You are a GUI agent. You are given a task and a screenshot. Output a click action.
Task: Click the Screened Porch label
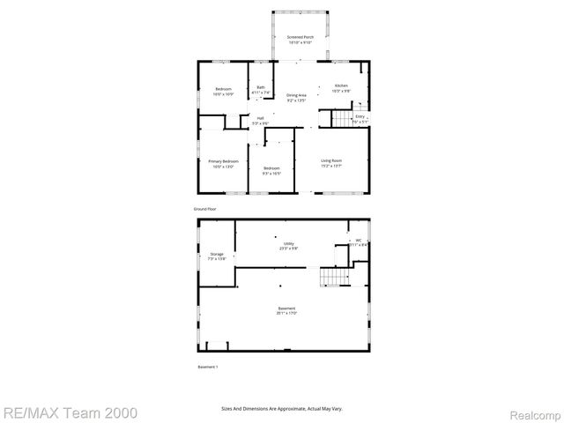[x=301, y=39]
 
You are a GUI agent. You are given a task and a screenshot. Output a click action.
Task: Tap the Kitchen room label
[x=340, y=87]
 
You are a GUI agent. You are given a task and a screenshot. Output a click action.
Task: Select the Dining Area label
[x=296, y=97]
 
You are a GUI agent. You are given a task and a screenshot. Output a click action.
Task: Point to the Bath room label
[x=260, y=88]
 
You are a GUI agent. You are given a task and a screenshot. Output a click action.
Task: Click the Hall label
[x=260, y=120]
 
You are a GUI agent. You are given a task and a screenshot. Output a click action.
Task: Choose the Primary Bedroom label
[x=223, y=164]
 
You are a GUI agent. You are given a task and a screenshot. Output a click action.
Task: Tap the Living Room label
[x=331, y=162]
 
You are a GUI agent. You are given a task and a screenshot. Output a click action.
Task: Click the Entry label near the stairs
[x=360, y=118]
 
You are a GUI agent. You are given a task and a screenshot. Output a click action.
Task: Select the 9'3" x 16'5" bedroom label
[x=271, y=170]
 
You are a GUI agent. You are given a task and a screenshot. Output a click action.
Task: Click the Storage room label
[x=217, y=256]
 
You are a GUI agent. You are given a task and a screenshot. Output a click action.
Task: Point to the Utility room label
[x=288, y=245]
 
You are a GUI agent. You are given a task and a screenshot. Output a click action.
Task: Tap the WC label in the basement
[x=359, y=241]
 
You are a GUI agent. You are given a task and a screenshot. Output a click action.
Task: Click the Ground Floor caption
[x=205, y=209]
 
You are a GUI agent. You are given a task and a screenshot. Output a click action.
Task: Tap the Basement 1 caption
[x=207, y=366]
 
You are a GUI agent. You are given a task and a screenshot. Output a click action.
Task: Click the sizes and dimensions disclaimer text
[x=281, y=409]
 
